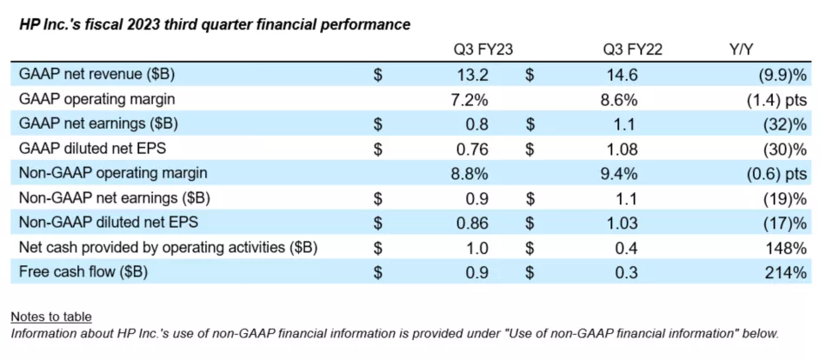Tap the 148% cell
pos(788,248)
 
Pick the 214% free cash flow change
pos(788,272)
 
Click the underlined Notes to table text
pos(51,317)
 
